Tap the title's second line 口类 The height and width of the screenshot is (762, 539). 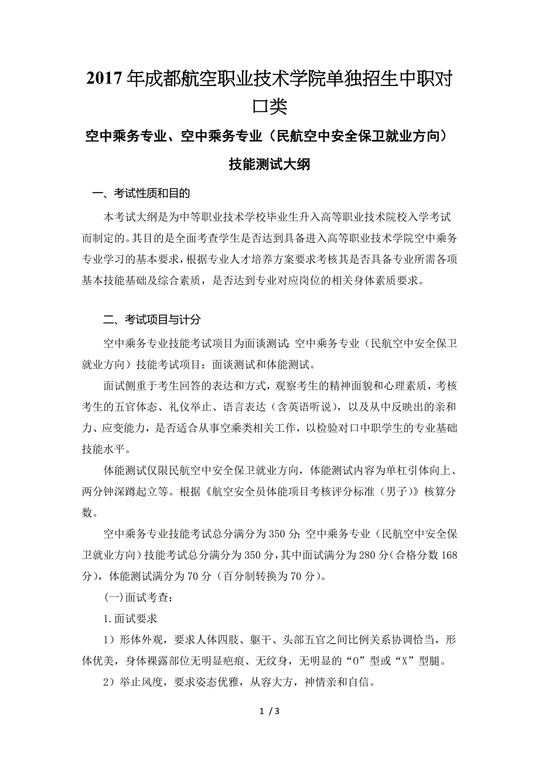(269, 106)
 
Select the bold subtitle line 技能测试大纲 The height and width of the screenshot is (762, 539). (269, 165)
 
